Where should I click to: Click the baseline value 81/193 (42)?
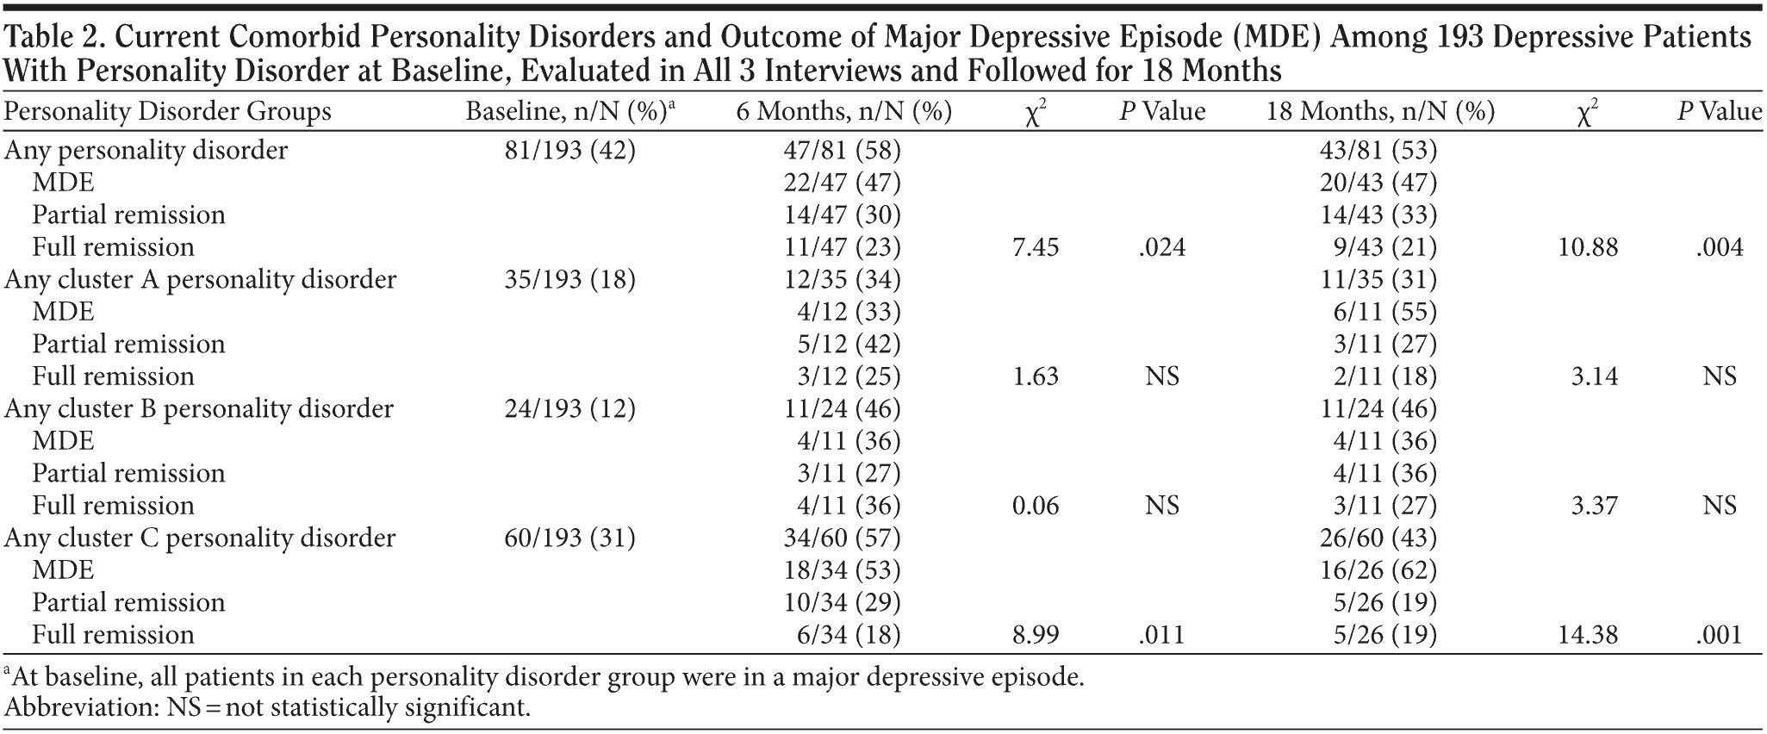569,151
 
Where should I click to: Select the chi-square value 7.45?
1036,248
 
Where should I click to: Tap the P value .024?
1161,248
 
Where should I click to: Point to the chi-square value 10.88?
1588,248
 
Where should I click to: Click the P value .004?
1719,248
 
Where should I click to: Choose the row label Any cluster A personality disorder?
201,280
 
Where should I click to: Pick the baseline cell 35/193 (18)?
569,280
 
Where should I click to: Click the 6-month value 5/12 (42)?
848,345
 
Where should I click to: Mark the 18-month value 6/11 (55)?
1384,312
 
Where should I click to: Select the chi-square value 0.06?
1036,506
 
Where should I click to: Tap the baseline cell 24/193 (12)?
569,409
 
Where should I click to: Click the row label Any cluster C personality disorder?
200,538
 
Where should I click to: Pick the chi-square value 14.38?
1588,636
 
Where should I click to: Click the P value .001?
1719,636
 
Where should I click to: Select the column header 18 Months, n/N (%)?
1380,112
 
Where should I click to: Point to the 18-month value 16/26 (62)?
1378,570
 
